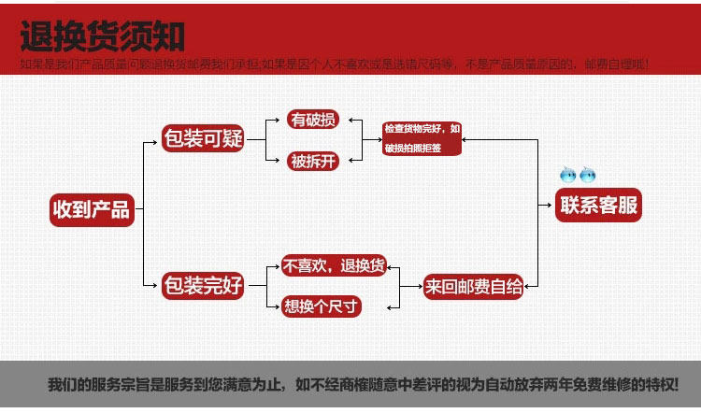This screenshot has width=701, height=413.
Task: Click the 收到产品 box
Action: tap(90, 208)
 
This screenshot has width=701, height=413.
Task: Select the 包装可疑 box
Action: tap(203, 140)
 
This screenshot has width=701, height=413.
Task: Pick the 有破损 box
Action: tap(312, 121)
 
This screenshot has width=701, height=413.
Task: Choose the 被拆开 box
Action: tap(312, 161)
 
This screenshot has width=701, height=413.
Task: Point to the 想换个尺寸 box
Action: tap(321, 306)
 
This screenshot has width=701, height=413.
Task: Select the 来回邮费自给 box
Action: tap(473, 286)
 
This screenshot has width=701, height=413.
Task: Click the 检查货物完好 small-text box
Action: tap(422, 138)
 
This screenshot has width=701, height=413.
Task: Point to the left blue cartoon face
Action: tap(566, 175)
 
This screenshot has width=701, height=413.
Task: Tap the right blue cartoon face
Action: tap(587, 175)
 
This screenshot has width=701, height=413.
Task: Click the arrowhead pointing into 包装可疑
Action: tap(156, 141)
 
